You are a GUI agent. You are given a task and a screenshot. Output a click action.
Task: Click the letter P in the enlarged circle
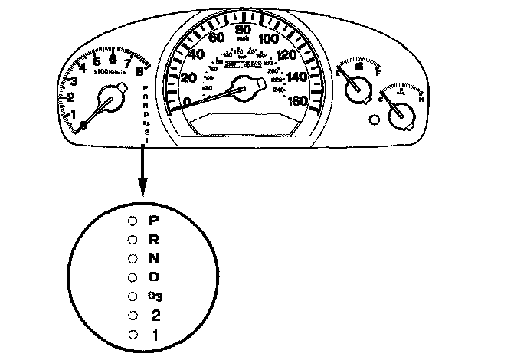[153, 219]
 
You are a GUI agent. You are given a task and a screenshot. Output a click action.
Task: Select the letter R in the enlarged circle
[153, 238]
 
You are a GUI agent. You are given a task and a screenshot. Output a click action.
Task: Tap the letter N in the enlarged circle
[153, 257]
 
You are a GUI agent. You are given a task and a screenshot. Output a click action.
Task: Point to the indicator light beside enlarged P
[133, 220]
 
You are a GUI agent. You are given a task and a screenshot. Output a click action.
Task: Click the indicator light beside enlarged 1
[133, 335]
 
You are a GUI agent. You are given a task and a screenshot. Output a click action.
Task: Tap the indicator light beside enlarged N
[133, 258]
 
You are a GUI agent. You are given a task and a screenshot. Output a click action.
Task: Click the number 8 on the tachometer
[139, 73]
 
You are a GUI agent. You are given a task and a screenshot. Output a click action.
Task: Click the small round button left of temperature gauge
[374, 119]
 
